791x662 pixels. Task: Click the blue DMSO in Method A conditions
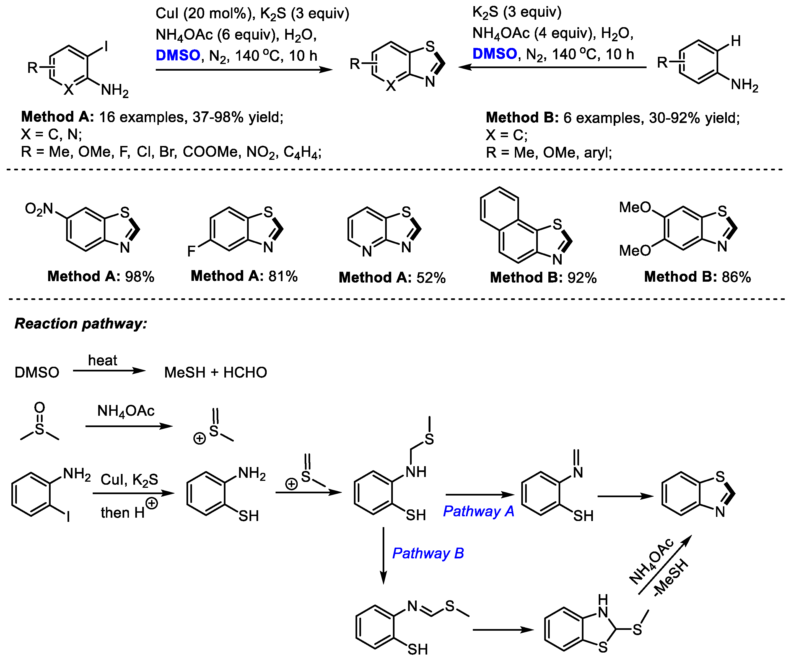pyautogui.click(x=178, y=55)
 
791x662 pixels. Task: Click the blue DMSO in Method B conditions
pyautogui.click(x=495, y=54)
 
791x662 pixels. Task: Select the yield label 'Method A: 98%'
pyautogui.click(x=101, y=277)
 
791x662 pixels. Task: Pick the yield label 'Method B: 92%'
pyautogui.click(x=543, y=278)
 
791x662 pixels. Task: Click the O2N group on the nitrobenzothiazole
pyautogui.click(x=39, y=209)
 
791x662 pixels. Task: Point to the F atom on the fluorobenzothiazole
pyautogui.click(x=191, y=251)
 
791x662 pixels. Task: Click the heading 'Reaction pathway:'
pyautogui.click(x=81, y=324)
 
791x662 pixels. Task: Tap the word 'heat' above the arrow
pyautogui.click(x=102, y=360)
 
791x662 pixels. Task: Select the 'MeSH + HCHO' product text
pyautogui.click(x=216, y=373)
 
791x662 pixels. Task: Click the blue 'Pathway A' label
pyautogui.click(x=478, y=511)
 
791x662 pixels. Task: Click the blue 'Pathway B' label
pyautogui.click(x=428, y=553)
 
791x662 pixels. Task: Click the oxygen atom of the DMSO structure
pyautogui.click(x=40, y=407)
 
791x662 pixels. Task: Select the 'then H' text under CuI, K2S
pyautogui.click(x=123, y=513)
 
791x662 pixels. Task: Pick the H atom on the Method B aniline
pyautogui.click(x=736, y=41)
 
